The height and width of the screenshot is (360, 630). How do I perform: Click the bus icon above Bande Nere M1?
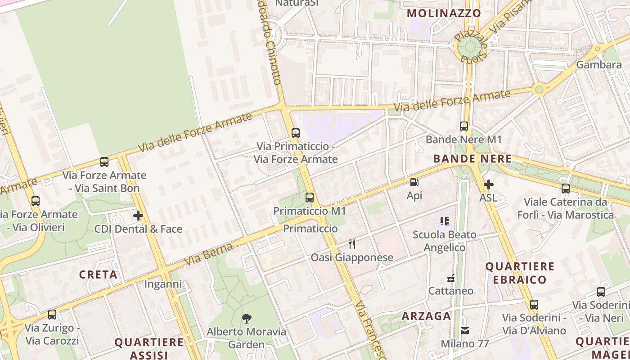(464, 126)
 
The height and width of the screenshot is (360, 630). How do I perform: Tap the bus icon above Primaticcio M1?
(309, 197)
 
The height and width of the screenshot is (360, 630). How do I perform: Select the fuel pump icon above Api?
(414, 182)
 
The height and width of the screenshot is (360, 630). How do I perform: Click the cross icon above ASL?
(488, 184)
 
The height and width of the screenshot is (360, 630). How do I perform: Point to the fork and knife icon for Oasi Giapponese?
(352, 244)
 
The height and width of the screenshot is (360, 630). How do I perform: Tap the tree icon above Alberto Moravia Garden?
(246, 319)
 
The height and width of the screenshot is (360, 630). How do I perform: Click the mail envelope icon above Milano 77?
(465, 331)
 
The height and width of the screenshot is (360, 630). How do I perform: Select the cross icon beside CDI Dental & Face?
(138, 216)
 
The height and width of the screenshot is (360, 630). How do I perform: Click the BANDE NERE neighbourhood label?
(472, 159)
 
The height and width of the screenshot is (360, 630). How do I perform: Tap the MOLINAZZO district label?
(444, 13)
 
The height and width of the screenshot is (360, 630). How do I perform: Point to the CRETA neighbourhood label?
(98, 274)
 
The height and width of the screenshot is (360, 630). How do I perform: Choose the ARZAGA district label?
(426, 316)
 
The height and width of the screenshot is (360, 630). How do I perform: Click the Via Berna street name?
(209, 255)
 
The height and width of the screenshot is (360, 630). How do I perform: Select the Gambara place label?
(599, 65)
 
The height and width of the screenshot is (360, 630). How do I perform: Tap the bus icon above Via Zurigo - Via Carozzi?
(52, 314)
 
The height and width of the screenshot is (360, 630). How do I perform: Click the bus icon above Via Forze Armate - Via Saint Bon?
(104, 162)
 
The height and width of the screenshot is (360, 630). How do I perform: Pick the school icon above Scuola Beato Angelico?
(445, 221)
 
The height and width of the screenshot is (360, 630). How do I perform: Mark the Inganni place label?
(163, 284)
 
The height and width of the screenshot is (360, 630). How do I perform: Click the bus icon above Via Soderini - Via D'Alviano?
(534, 305)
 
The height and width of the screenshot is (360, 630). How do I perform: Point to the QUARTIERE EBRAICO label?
(519, 273)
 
